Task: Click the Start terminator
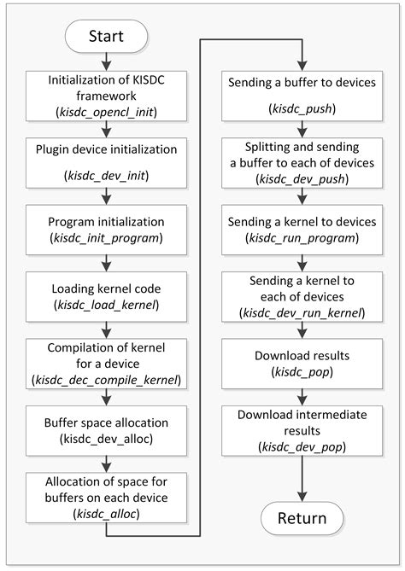coord(107,37)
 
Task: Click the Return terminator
coord(301,517)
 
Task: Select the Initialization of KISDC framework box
coord(107,94)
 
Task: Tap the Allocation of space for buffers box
coord(107,496)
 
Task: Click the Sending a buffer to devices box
coord(301,94)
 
